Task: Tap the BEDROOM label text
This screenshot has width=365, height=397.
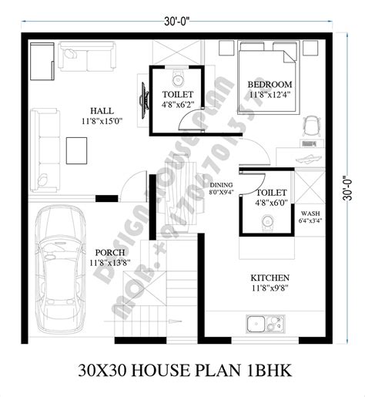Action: pyautogui.click(x=269, y=84)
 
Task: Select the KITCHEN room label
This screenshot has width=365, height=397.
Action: pyautogui.click(x=270, y=278)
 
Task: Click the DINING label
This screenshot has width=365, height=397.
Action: pyautogui.click(x=222, y=185)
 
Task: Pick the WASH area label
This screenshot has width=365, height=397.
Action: pyautogui.click(x=310, y=214)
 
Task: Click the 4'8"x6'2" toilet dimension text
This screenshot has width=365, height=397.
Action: pyautogui.click(x=177, y=104)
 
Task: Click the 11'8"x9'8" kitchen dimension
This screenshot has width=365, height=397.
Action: pyautogui.click(x=269, y=290)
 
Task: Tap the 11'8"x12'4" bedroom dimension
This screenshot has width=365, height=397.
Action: pyautogui.click(x=270, y=95)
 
